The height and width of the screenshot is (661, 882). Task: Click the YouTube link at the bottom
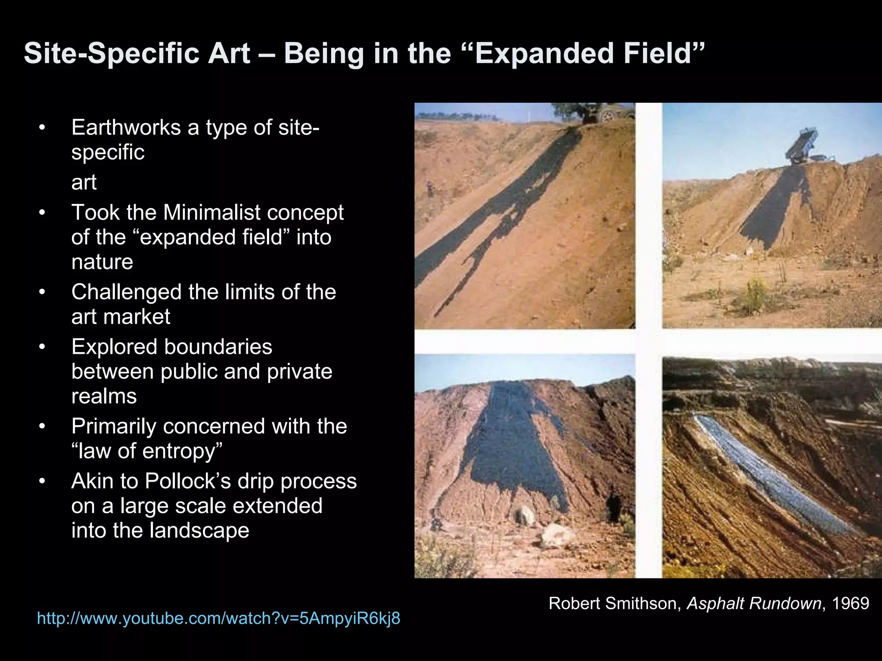(x=218, y=618)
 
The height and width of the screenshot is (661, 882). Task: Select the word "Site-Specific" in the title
(x=137, y=53)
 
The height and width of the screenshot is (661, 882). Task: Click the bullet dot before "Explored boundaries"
(x=42, y=347)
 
